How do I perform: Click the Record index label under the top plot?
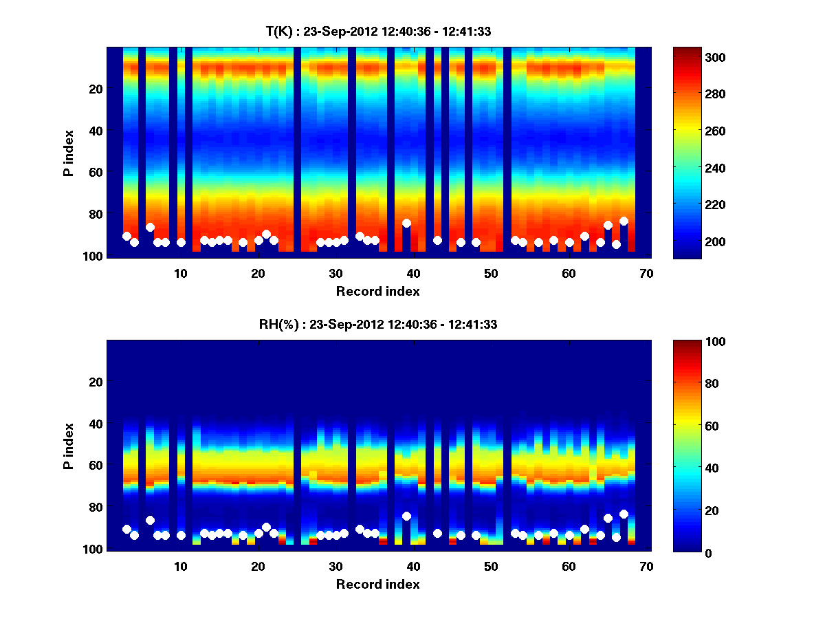[377, 291]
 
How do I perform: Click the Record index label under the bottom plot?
[377, 584]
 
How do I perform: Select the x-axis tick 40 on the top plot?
[413, 273]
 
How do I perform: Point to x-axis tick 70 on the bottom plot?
[646, 566]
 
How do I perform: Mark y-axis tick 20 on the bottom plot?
[96, 382]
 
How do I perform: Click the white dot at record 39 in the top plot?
[406, 223]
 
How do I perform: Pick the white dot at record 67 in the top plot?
[624, 221]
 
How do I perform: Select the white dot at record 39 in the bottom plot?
[406, 516]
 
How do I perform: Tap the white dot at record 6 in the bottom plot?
[150, 520]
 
